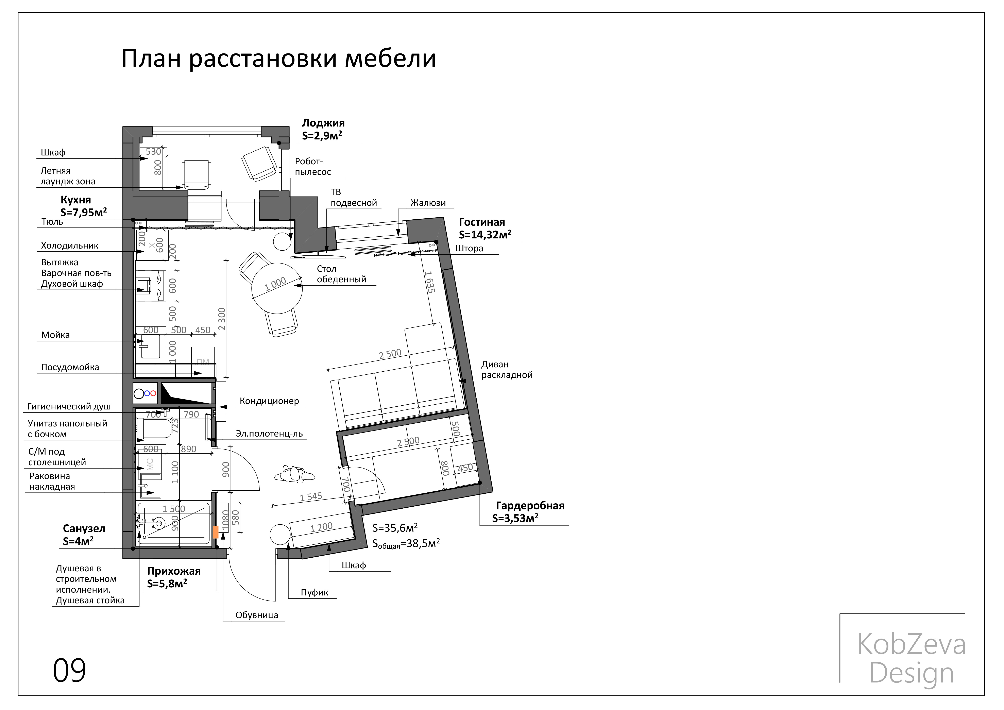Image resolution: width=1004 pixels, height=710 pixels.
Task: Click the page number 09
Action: coord(70,670)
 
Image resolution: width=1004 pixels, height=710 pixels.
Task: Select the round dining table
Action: coord(277,288)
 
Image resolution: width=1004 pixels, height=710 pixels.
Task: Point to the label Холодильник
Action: coord(70,246)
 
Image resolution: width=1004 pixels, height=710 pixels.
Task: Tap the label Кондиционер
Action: coord(269,401)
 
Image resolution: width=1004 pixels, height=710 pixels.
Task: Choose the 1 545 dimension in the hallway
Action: coord(311,497)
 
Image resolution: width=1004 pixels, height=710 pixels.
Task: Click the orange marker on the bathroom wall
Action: coord(216,532)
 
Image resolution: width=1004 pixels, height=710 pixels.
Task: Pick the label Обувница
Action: coord(257,615)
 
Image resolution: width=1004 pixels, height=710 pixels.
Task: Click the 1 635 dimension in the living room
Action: coord(429,282)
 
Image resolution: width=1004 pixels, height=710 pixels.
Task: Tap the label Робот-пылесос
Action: coord(313,167)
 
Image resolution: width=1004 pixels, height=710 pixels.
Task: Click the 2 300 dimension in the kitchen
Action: coord(222,319)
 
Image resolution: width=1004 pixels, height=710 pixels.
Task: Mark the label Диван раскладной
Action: coord(506,369)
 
